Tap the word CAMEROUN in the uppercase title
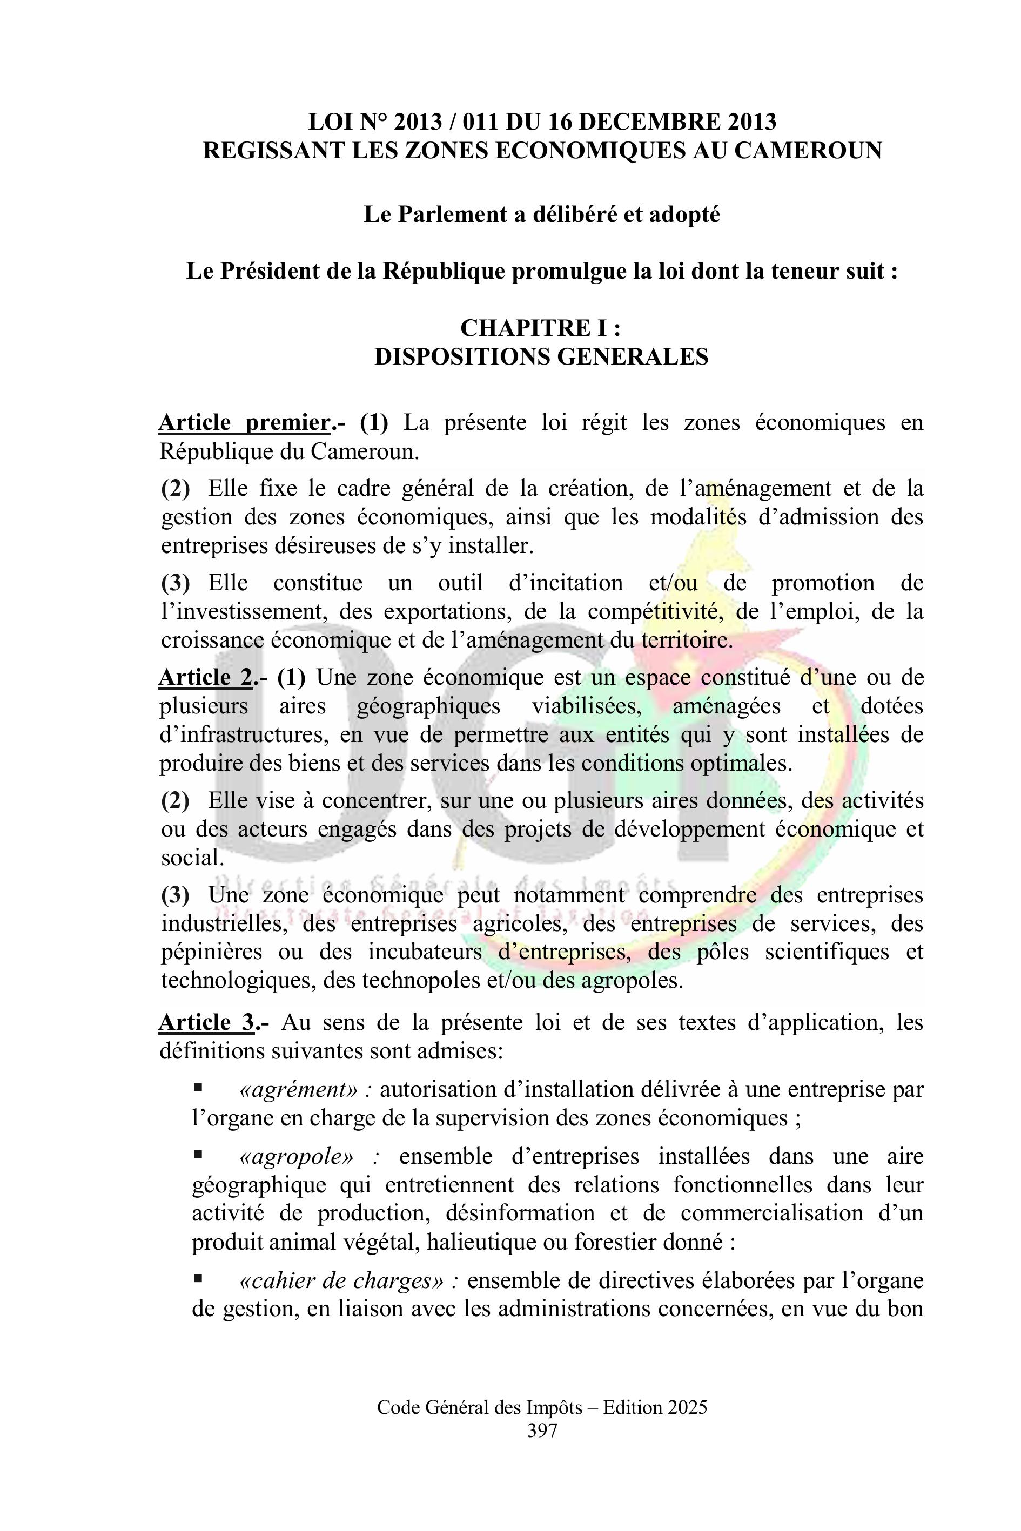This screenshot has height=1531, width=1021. pyautogui.click(x=808, y=150)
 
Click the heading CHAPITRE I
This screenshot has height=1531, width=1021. pyautogui.click(x=541, y=327)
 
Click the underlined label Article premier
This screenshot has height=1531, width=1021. pyautogui.click(x=244, y=422)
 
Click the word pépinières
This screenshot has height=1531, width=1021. pyautogui.click(x=212, y=952)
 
